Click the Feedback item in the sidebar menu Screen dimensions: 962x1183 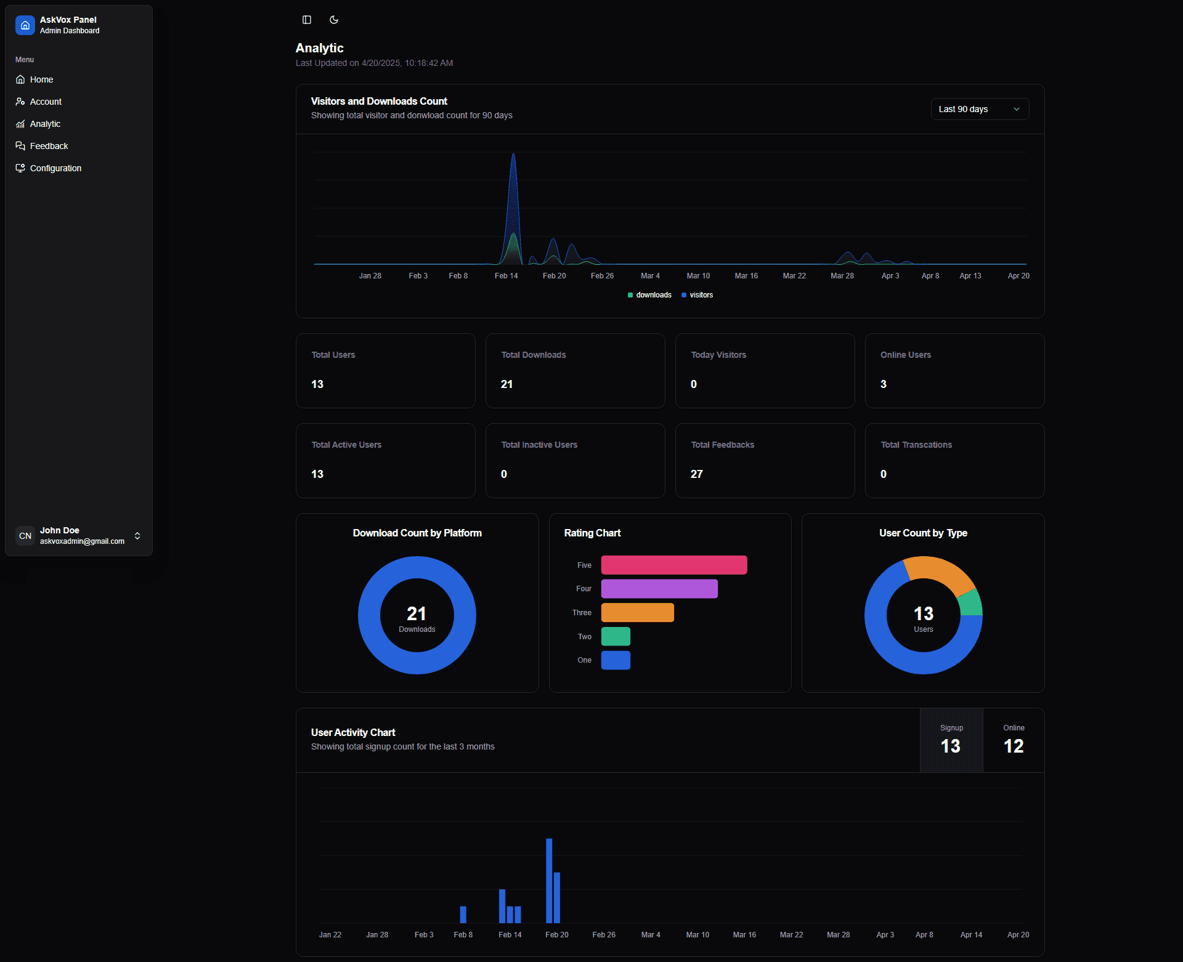[x=49, y=146]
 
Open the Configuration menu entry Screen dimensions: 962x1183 [x=55, y=168]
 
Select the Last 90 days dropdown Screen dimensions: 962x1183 [x=979, y=109]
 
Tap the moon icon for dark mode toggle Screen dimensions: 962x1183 [x=334, y=20]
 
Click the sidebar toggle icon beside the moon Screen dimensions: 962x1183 [x=307, y=20]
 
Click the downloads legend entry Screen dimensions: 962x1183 [x=649, y=295]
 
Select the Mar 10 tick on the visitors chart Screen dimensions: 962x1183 [x=698, y=276]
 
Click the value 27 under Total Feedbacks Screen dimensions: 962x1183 [x=696, y=474]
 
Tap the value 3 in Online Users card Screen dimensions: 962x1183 [x=883, y=384]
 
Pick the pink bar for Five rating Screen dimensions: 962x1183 [x=673, y=565]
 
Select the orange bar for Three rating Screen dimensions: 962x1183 [x=637, y=612]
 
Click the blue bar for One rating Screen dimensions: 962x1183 [x=615, y=660]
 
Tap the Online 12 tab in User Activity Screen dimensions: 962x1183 [x=1013, y=740]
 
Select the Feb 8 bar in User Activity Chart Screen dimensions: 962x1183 [x=463, y=914]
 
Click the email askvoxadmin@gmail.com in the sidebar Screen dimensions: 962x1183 [x=82, y=541]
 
